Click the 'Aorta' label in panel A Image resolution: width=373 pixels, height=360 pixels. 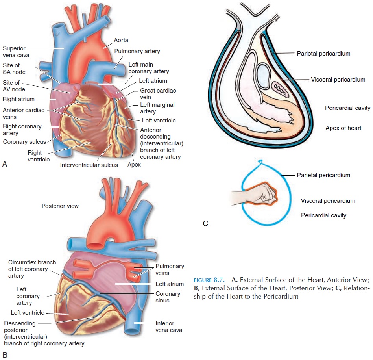coord(121,40)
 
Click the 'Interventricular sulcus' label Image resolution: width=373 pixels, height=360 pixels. coord(89,165)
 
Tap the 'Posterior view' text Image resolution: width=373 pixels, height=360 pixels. coord(60,206)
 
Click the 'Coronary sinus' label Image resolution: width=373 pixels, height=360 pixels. coord(168,297)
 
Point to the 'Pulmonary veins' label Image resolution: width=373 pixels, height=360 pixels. coord(170,269)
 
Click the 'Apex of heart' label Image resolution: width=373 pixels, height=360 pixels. coord(343,128)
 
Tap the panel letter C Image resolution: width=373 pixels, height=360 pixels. coord(205,223)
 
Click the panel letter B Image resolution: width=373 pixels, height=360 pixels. coord(5,355)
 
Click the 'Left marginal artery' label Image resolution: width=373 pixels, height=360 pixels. coord(157,108)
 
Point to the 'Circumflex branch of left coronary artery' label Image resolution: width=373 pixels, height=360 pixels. coord(32,269)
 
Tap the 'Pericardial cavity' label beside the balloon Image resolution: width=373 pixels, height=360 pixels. coord(323,215)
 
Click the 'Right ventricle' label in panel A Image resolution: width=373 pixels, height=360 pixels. coord(39,156)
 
